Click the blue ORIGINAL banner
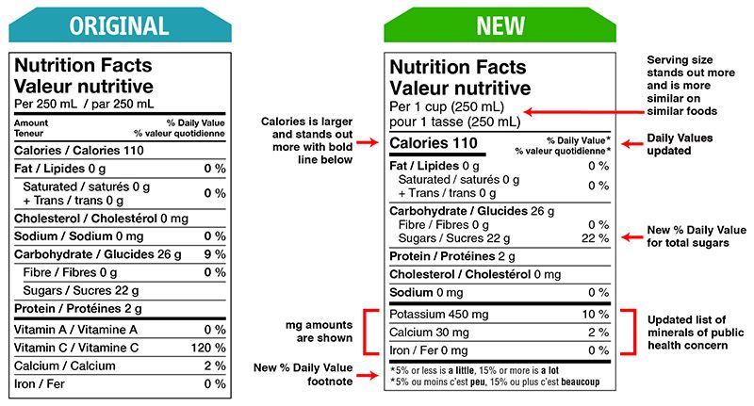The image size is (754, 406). [x=119, y=24]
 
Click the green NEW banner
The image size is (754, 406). [x=500, y=24]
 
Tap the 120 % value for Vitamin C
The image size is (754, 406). [x=208, y=348]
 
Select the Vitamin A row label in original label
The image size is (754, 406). [x=76, y=330]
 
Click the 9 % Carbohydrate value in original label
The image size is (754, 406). [x=215, y=253]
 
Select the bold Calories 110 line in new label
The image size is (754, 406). [x=434, y=144]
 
